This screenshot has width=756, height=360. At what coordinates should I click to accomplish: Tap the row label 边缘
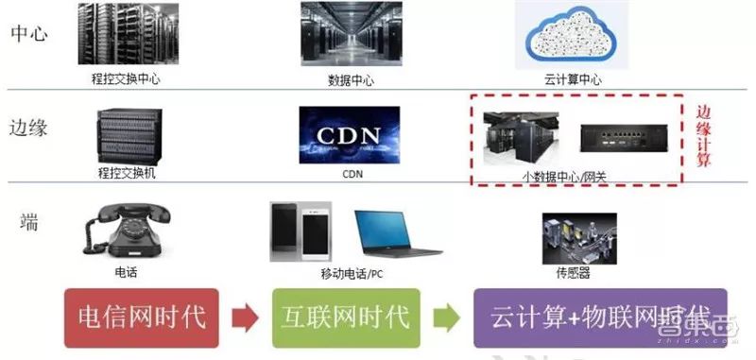point(28,128)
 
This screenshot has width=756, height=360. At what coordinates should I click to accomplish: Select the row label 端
point(29,222)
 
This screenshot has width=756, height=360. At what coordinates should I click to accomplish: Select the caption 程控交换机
point(125,174)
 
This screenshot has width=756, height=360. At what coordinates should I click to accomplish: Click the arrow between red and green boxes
point(242,317)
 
